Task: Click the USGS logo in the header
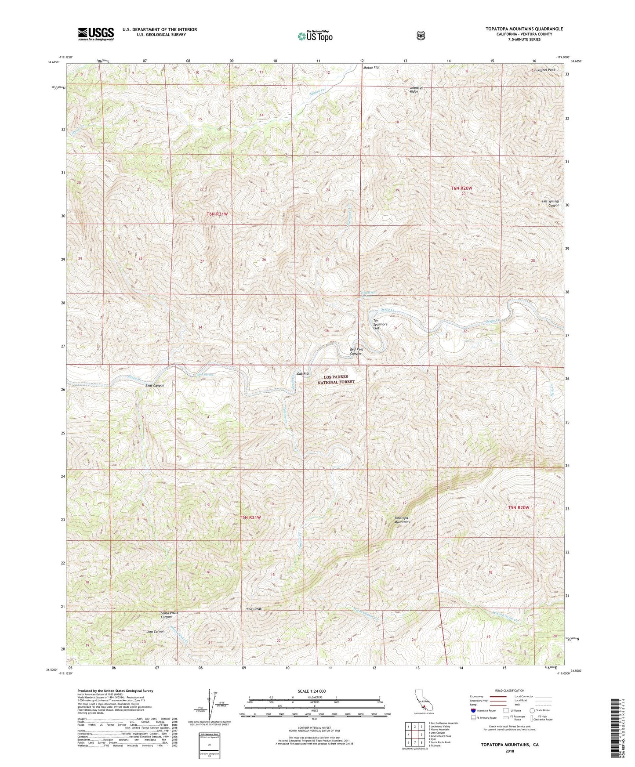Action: point(96,34)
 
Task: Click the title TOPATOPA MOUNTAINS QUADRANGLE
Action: point(524,29)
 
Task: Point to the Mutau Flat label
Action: point(371,68)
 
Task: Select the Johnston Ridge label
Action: point(416,90)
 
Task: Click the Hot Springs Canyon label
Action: point(550,203)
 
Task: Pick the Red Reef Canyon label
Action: point(355,351)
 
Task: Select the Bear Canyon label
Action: point(154,385)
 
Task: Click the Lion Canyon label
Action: point(155,631)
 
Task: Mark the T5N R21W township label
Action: point(250,517)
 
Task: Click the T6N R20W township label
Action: point(461,188)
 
